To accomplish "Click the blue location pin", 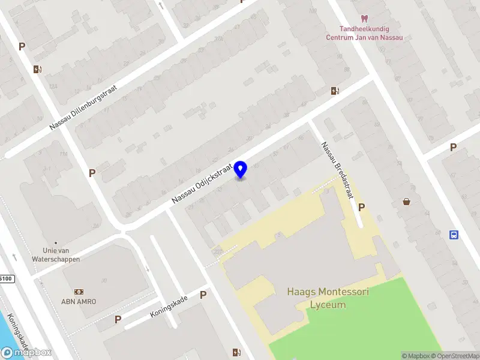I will [x=241, y=170].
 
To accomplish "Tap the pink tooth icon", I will [x=364, y=19].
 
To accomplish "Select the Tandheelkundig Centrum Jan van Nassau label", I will [x=364, y=32].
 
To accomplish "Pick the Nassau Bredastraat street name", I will [x=337, y=170].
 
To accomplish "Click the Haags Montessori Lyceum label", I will [x=328, y=298].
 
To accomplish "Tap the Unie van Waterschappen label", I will [x=62, y=255].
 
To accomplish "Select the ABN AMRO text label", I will [x=79, y=301].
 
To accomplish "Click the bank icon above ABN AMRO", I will [x=79, y=291].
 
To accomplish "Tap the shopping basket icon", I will [x=407, y=202].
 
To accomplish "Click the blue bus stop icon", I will [x=454, y=235].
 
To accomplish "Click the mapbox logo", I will [x=26, y=353].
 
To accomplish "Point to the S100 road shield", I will [x=5, y=279].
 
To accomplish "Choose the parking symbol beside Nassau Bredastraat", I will [x=361, y=207].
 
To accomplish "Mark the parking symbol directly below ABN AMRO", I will [x=118, y=319].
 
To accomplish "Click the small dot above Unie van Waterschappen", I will [x=55, y=243].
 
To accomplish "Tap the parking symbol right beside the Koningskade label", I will [x=203, y=295].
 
